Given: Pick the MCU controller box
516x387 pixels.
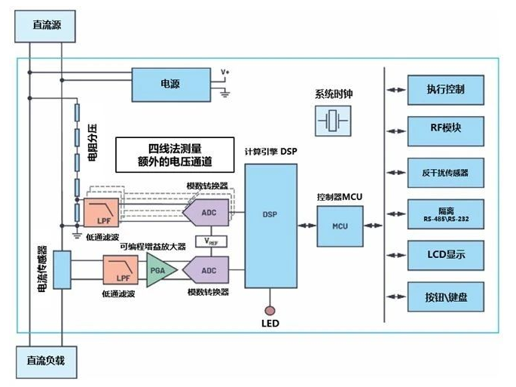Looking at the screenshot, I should point(337,225).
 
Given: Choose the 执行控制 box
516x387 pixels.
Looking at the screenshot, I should point(445,89).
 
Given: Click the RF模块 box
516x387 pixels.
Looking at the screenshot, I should point(445,127).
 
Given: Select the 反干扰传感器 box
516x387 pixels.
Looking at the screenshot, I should point(445,173).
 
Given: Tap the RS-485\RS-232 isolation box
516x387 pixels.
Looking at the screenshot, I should point(445,213).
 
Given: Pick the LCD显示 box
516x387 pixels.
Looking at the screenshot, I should point(445,254).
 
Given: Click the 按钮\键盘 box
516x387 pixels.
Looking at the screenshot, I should point(445,296).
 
